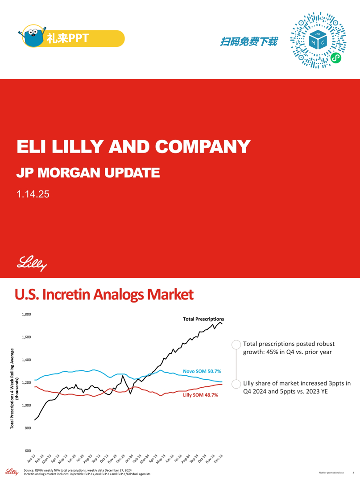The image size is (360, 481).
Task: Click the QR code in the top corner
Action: (318, 40)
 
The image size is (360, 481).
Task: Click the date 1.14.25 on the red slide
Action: (33, 194)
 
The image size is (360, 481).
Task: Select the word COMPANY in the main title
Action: (203, 147)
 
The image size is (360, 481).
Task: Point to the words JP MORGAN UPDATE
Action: (88, 173)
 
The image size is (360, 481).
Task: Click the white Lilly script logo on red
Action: (32, 264)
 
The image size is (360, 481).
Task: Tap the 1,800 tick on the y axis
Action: (26, 314)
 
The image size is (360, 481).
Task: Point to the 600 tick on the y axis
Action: (28, 451)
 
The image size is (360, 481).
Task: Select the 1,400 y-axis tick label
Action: (26, 360)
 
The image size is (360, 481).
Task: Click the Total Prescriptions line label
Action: (203, 319)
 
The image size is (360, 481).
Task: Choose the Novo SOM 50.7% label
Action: (202, 371)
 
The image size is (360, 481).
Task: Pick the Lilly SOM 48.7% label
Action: (201, 395)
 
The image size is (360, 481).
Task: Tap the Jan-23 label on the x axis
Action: (32, 458)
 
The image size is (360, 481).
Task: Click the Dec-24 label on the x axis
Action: (218, 458)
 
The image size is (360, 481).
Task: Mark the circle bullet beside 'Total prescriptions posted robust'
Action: (236, 345)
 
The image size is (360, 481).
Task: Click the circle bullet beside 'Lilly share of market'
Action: (236, 384)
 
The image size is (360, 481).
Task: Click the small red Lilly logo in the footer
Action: (12, 472)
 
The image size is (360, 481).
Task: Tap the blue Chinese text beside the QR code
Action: (249, 41)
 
